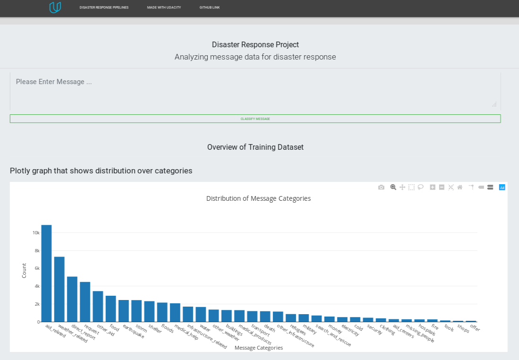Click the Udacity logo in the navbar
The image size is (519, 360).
[x=55, y=8]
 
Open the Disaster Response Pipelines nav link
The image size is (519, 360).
[x=104, y=8]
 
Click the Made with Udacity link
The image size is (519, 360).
[x=164, y=8]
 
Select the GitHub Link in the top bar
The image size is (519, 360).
[x=209, y=8]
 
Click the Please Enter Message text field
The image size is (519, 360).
[x=255, y=91]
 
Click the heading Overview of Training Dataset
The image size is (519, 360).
[x=255, y=147]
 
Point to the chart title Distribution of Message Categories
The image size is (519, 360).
[x=258, y=198]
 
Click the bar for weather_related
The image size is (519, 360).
[x=59, y=289]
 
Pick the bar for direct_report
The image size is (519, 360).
[x=72, y=299]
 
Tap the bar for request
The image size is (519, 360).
[x=85, y=302]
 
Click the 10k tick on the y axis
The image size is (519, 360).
[x=36, y=233]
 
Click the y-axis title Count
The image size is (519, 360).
[x=24, y=270]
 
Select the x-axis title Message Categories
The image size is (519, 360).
[x=258, y=348]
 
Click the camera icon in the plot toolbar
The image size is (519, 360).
[x=381, y=187]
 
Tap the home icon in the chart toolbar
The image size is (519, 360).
[x=459, y=187]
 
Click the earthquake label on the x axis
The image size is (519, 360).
[x=134, y=331]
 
